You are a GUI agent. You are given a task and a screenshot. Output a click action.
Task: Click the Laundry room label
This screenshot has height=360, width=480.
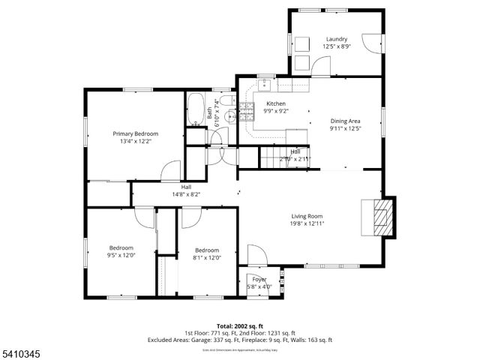(336, 39)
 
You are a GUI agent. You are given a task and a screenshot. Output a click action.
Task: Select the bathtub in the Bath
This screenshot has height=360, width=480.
(195, 109)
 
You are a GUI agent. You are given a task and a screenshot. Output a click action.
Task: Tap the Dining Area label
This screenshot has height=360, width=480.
(346, 121)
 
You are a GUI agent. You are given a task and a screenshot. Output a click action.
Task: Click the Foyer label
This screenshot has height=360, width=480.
(259, 280)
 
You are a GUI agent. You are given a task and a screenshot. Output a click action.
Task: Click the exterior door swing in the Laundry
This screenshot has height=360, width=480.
(370, 43)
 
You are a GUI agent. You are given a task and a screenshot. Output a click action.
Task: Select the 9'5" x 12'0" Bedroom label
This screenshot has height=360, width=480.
(121, 252)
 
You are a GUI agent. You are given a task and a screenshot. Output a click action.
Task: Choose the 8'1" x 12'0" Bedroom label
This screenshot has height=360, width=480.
(206, 254)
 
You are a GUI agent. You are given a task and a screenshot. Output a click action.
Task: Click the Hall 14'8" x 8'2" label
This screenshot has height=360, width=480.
(185, 190)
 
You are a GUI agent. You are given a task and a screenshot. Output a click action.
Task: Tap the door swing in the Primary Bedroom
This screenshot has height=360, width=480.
(170, 170)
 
